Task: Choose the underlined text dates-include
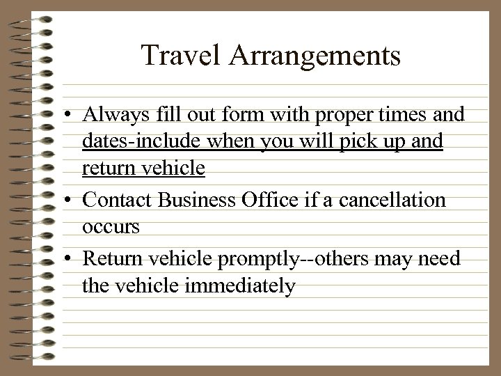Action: click(138, 141)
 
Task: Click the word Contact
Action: click(118, 201)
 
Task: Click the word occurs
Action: click(111, 227)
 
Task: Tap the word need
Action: click(443, 259)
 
